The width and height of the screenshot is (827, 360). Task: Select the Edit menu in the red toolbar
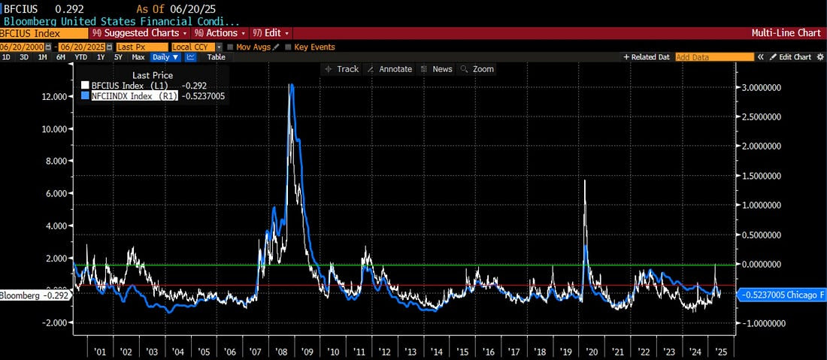[271, 33]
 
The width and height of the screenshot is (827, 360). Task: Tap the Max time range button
[138, 57]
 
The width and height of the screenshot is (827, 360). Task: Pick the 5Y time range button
[118, 57]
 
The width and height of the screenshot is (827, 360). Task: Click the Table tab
[216, 57]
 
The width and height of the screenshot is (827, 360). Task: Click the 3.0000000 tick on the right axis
[761, 87]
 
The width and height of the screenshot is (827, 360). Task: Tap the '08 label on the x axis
[280, 352]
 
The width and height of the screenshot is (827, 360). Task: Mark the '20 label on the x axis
[591, 352]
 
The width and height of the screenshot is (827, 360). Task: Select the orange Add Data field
[714, 57]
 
